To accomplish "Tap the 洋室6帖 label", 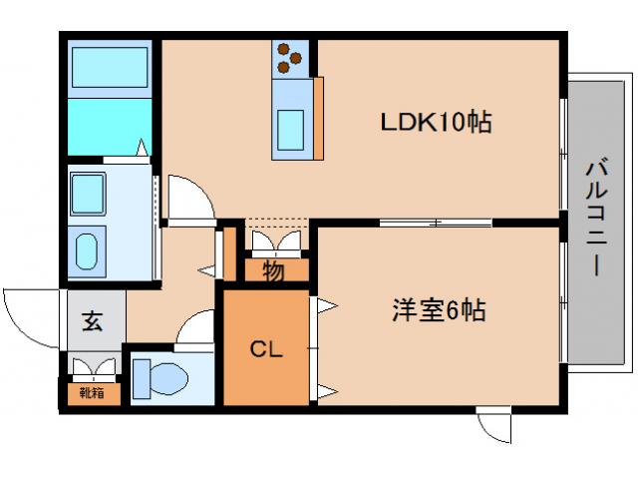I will click(438, 310).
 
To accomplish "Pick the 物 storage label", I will click(273, 269).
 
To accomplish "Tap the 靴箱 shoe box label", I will click(92, 392).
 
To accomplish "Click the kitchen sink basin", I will click(292, 127).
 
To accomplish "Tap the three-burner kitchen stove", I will click(289, 58).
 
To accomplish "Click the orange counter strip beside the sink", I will click(319, 118).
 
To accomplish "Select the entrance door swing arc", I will click(30, 314).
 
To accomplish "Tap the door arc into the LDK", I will click(189, 197).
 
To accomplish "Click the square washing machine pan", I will click(89, 190).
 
